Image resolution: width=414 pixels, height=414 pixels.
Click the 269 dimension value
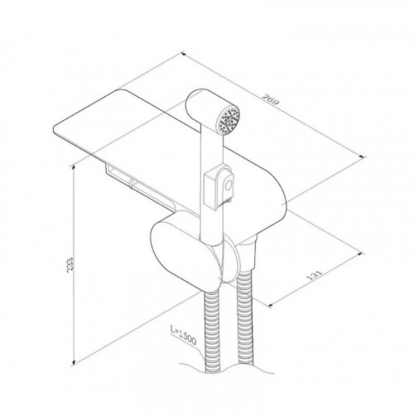coord(271,100)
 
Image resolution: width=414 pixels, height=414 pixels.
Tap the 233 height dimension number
coord(70,265)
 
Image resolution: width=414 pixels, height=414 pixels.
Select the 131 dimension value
coord(315,275)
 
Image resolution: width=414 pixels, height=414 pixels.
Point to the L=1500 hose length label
coord(183,335)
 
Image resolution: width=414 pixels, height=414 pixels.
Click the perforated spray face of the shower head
coord(229,120)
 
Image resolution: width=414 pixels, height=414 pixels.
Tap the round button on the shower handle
coord(229,185)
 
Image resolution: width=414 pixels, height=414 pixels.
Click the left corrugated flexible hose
coord(212,331)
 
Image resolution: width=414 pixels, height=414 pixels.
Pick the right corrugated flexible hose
coord(245,317)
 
